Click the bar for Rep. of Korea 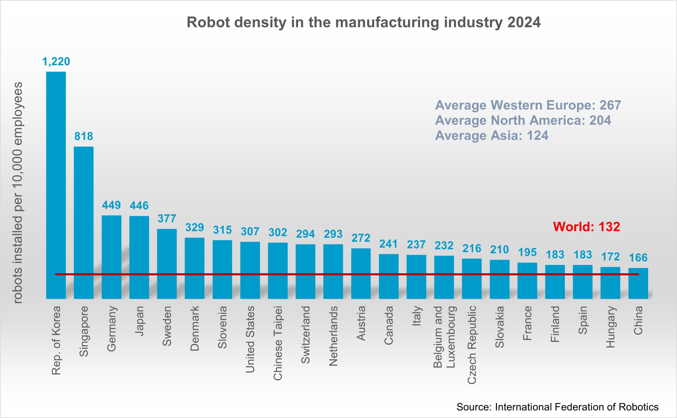pos(56,185)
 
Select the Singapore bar pos(84,223)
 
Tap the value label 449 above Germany pos(111,205)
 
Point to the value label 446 pos(139,206)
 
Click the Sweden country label pos(167,326)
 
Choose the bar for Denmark pos(195,268)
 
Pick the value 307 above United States pos(250,231)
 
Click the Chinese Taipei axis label pos(278,343)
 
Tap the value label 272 pos(361,238)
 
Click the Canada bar pos(389,276)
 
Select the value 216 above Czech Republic pos(472,248)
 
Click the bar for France pos(527,281)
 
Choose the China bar pos(638,283)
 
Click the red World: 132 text pos(587,227)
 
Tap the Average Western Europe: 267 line pos(528,105)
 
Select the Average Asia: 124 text pos(492,136)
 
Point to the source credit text pos(557,407)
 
